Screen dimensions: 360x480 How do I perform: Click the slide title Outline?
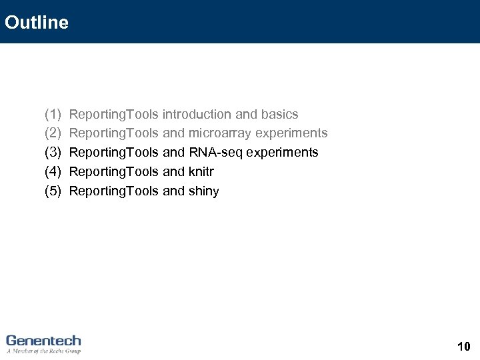point(36,23)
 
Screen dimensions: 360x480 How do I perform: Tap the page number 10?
point(464,346)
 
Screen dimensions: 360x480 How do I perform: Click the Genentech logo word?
point(43,340)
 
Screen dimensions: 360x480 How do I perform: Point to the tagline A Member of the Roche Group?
point(43,351)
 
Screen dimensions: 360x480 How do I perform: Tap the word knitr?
point(201,172)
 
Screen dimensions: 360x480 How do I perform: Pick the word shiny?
point(203,191)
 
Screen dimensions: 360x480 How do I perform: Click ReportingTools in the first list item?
point(113,115)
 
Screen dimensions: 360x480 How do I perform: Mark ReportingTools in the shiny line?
point(113,191)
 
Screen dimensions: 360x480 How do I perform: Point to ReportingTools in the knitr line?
point(113,172)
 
